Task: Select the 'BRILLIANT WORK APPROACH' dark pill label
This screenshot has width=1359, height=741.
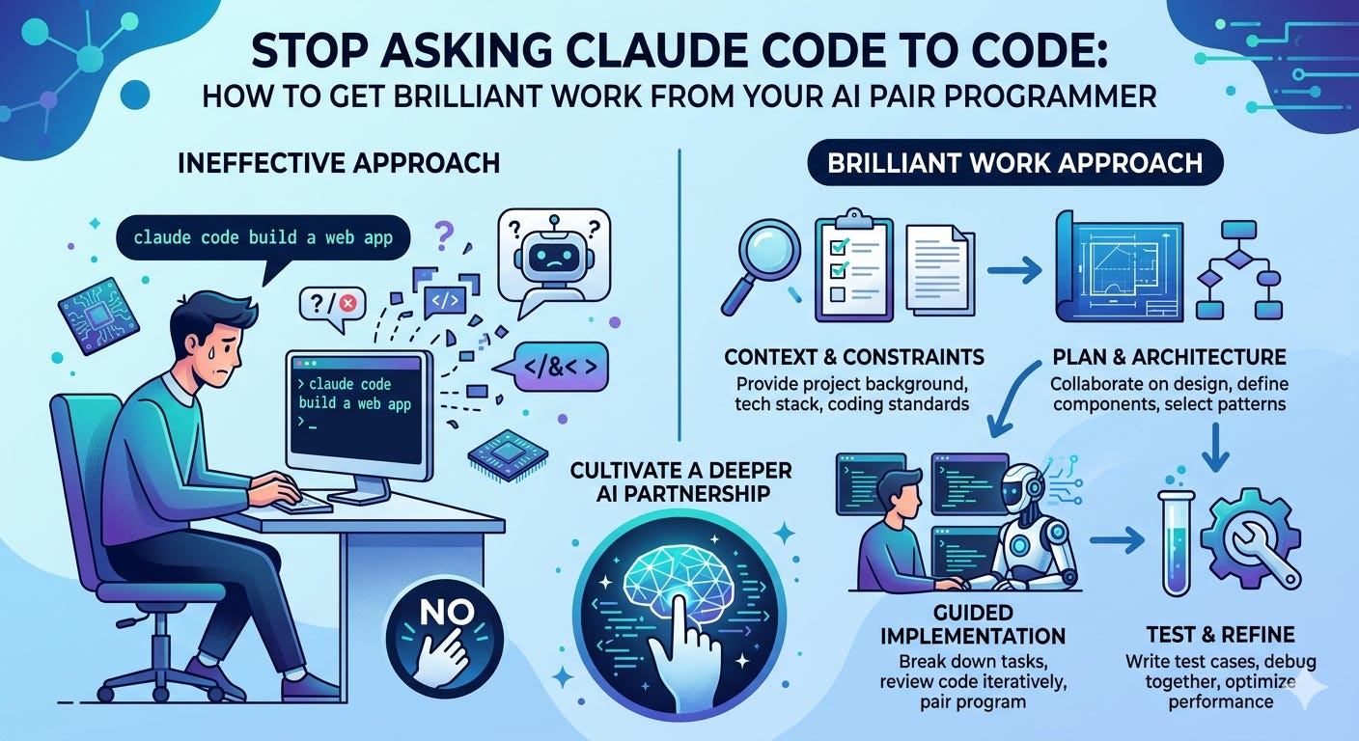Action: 1015,164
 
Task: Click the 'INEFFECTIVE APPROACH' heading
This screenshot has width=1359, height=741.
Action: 338,161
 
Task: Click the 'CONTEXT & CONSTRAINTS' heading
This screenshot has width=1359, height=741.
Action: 854,357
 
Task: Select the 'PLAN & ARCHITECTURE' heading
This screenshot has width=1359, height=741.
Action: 1168,358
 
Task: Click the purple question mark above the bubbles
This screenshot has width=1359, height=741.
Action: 445,233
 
